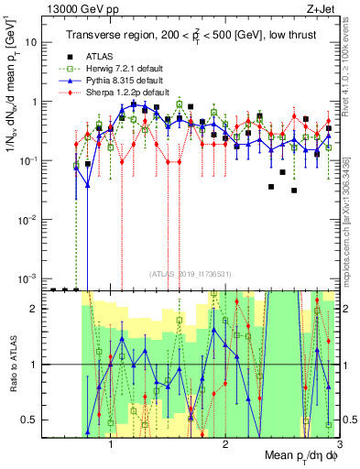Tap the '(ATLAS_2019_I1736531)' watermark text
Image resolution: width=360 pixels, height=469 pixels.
(x=193, y=273)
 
